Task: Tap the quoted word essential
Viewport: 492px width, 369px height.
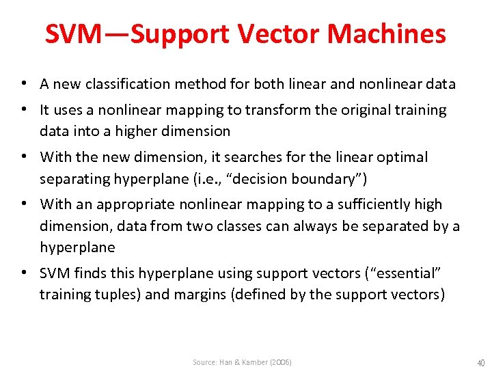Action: click(408, 273)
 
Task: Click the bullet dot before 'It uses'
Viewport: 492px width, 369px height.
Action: click(24, 110)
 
